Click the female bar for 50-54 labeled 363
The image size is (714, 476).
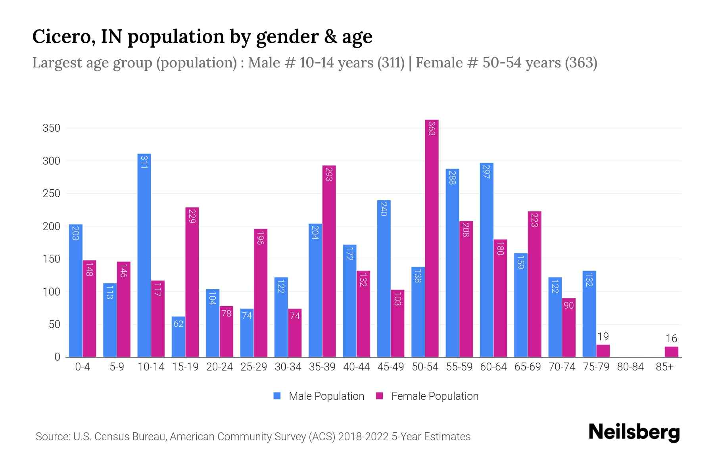pos(432,238)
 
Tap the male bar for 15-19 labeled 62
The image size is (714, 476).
pos(178,337)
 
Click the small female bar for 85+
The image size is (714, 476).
pos(671,352)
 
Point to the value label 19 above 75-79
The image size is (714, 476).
pos(603,337)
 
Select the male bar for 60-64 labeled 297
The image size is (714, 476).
pos(486,260)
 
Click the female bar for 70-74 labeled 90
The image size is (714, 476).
pos(568,327)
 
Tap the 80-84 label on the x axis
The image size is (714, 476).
pos(630,367)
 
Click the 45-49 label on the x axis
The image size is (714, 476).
pos(390,367)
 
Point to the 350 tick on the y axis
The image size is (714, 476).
pos(52,128)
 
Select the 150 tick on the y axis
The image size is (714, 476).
pos(52,259)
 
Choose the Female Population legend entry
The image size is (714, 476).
pos(427,396)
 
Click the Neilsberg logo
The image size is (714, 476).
pos(634,432)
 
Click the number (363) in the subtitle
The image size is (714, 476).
pos(581,63)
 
